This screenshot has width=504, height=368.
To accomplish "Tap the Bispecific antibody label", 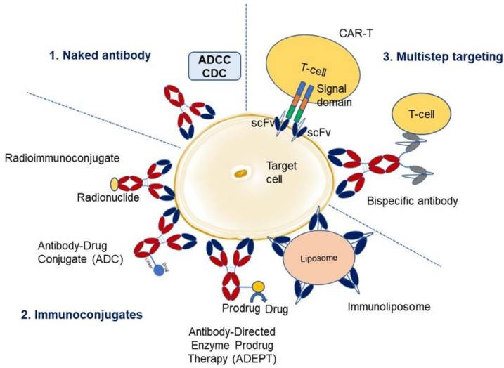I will coord(413,201).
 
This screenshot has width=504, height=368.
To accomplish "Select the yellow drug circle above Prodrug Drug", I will coord(259,287).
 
